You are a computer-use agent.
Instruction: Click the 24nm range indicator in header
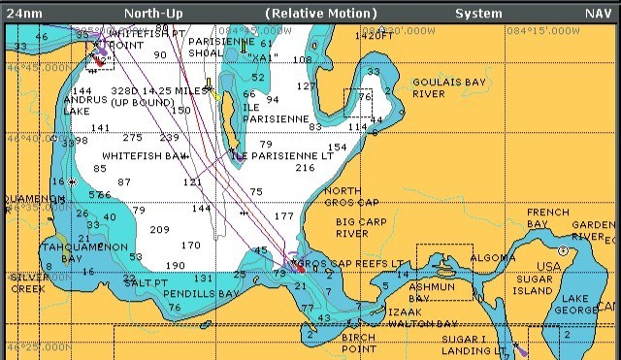coord(23,14)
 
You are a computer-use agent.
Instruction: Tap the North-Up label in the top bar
coord(154,14)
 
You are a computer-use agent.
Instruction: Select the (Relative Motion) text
coord(320,14)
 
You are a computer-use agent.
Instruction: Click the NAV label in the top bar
coord(597,14)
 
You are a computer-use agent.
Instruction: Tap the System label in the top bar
coord(478,14)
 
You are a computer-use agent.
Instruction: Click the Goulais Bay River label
coord(441,88)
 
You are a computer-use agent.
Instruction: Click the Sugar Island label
coord(534,284)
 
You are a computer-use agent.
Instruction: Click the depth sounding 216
coord(305,168)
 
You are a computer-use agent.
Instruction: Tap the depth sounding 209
coord(159,229)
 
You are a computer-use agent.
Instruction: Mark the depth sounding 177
coord(283,215)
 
